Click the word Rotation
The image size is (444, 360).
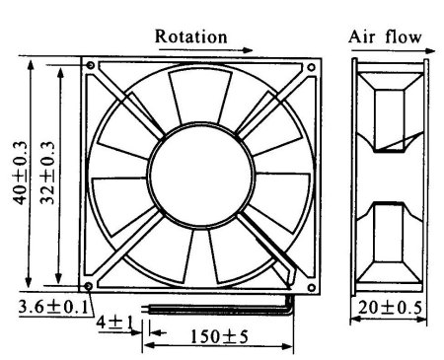[x=190, y=36]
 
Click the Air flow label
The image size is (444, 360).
[x=385, y=36]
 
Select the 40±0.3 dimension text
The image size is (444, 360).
[x=20, y=173]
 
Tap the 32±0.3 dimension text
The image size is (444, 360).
[x=47, y=173]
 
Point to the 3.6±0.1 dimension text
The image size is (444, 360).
[x=53, y=307]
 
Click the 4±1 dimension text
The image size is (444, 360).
[x=114, y=323]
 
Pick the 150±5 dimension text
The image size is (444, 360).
[x=219, y=336]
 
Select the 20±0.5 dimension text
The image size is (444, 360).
[x=390, y=308]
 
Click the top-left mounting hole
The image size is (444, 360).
[x=91, y=66]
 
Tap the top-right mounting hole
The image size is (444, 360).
[x=311, y=67]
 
